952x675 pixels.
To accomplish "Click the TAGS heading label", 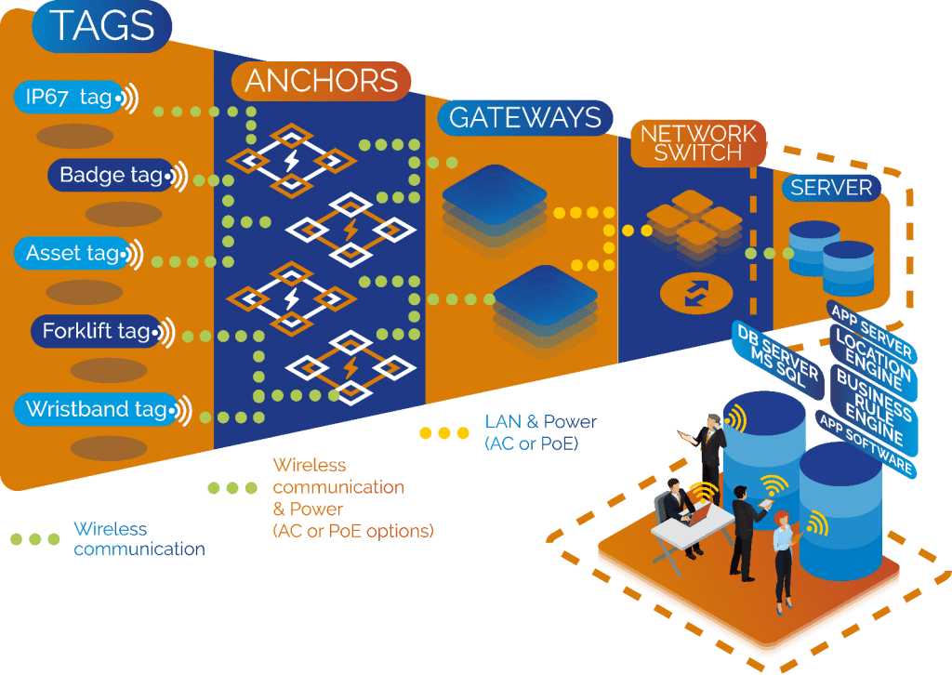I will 102,27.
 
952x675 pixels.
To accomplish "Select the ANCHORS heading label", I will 322,82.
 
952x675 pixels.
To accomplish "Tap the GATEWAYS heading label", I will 525,117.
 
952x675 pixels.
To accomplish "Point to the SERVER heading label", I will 830,188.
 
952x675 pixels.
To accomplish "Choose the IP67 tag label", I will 70,98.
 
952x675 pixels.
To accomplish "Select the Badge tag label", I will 111,175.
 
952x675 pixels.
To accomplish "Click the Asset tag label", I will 73,253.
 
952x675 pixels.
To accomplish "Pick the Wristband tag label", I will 96,409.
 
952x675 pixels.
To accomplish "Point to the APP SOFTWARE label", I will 865,444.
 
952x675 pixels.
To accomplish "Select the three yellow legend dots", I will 444,432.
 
